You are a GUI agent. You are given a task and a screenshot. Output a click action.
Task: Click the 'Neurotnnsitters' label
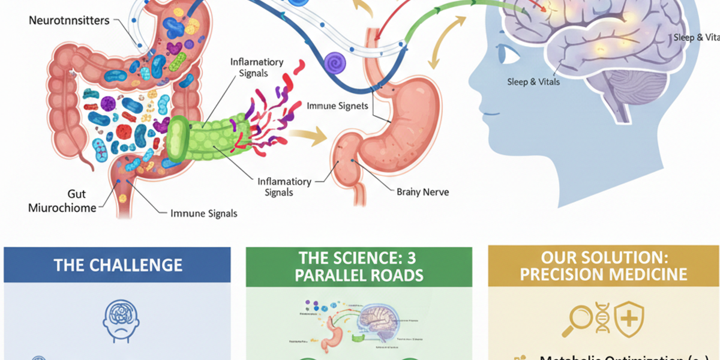[69, 20]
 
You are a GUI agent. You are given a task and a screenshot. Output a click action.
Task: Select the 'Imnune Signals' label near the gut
[204, 213]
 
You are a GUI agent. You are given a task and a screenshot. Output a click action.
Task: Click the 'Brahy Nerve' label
[422, 192]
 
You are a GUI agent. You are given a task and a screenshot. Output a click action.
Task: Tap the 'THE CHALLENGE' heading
[118, 265]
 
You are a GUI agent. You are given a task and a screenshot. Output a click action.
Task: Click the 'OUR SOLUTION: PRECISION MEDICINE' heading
[604, 266]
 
